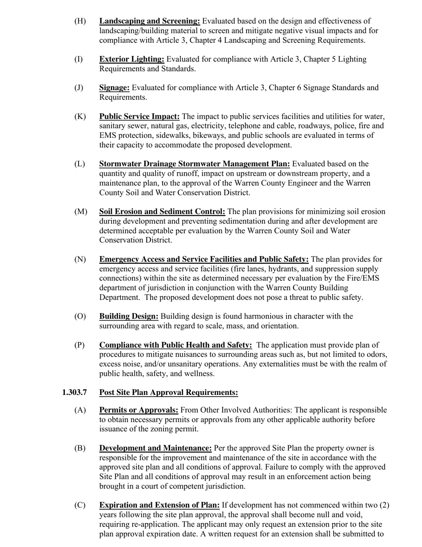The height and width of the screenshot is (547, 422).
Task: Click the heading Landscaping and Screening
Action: coord(149,21)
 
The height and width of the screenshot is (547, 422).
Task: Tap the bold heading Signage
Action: coord(114,88)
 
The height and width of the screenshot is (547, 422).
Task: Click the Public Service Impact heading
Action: coord(139,117)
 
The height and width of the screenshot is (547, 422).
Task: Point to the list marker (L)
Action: coord(80,164)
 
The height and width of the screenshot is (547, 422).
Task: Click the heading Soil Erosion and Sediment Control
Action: coord(162,212)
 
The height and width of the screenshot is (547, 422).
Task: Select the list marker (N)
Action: coord(80,259)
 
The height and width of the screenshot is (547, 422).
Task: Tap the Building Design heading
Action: coord(128,316)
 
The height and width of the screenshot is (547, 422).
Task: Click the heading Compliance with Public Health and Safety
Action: coord(175,345)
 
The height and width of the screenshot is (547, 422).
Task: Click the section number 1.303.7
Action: coord(75,392)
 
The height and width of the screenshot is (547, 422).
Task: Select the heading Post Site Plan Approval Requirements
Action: coord(168,392)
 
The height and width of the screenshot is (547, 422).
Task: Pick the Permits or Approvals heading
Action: coord(139,410)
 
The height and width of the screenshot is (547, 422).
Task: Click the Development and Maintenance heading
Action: coord(155,448)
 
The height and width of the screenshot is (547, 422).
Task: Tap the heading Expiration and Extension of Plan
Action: coord(159,505)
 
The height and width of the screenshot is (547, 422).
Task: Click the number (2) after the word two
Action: coord(385,505)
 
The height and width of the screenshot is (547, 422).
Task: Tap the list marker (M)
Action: coord(80,212)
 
